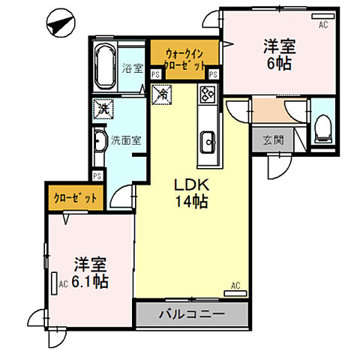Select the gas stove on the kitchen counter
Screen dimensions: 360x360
(x=207, y=94)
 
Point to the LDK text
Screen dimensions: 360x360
(x=190, y=185)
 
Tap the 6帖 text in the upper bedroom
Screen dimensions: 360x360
(x=278, y=63)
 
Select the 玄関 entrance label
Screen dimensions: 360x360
(x=273, y=139)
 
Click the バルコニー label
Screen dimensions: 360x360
(x=191, y=314)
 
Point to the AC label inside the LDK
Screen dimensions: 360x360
(x=235, y=286)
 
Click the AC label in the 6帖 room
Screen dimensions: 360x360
(x=323, y=25)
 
